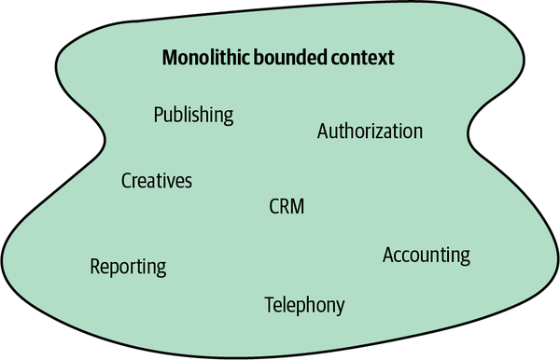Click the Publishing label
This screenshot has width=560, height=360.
[x=193, y=115]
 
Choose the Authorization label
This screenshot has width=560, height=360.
[x=370, y=132]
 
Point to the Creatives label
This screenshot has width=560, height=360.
[x=157, y=181]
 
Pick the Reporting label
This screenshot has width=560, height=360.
[x=128, y=267]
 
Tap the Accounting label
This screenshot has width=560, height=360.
[x=426, y=255]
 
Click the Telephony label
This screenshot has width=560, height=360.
[x=304, y=304]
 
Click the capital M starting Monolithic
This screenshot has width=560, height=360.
[x=170, y=58]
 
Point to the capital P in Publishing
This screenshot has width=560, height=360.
[x=158, y=115]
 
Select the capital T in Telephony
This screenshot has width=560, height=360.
[x=269, y=304]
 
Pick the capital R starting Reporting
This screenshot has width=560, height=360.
[x=95, y=267]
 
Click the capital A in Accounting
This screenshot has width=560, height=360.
[x=388, y=255]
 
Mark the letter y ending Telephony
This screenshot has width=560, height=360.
[x=340, y=306]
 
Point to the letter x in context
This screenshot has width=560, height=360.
[x=381, y=59]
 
